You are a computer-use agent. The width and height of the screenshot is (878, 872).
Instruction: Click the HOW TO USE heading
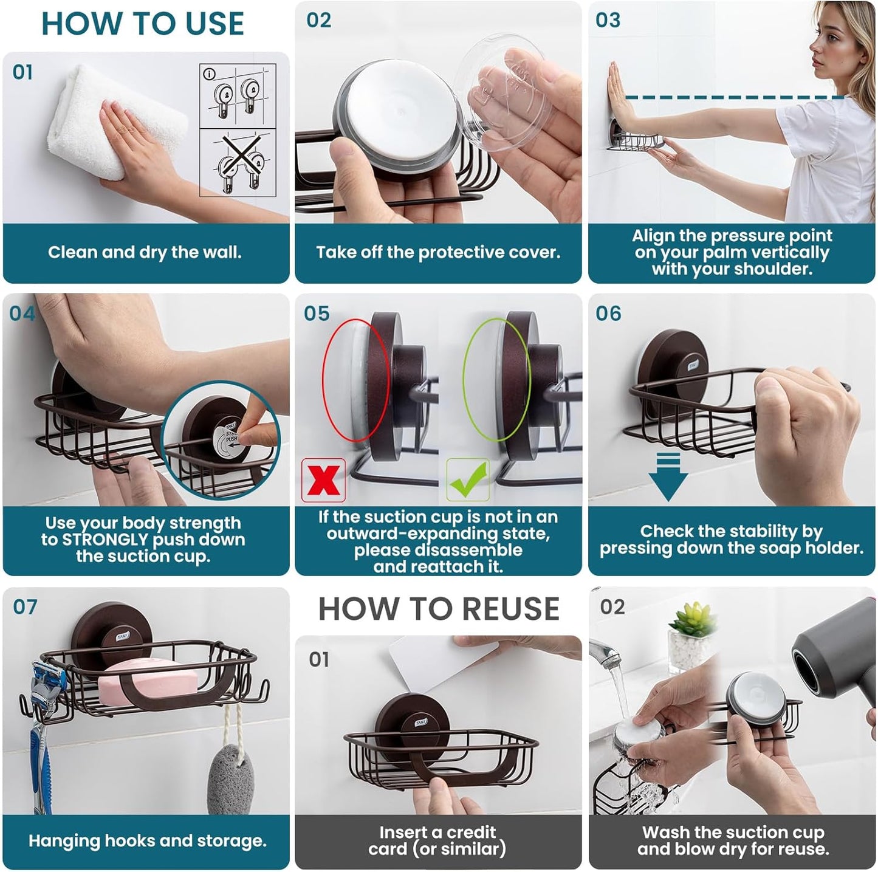[x=142, y=24]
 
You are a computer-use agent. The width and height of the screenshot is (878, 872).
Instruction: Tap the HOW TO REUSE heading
[x=439, y=609]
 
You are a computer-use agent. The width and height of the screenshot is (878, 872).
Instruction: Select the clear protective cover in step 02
[x=504, y=91]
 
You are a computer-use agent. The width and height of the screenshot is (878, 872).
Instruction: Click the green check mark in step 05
[x=467, y=479]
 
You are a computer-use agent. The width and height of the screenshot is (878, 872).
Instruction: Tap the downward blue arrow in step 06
[x=668, y=477]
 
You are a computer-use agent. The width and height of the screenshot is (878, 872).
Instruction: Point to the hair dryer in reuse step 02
[x=835, y=653]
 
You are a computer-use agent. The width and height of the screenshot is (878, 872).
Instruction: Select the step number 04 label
[x=22, y=314]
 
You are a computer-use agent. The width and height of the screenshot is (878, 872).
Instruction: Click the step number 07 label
[x=25, y=607]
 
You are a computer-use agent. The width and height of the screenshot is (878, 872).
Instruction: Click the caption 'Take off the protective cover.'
[x=438, y=252]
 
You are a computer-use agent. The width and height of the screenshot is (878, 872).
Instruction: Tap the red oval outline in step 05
[x=323, y=380]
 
